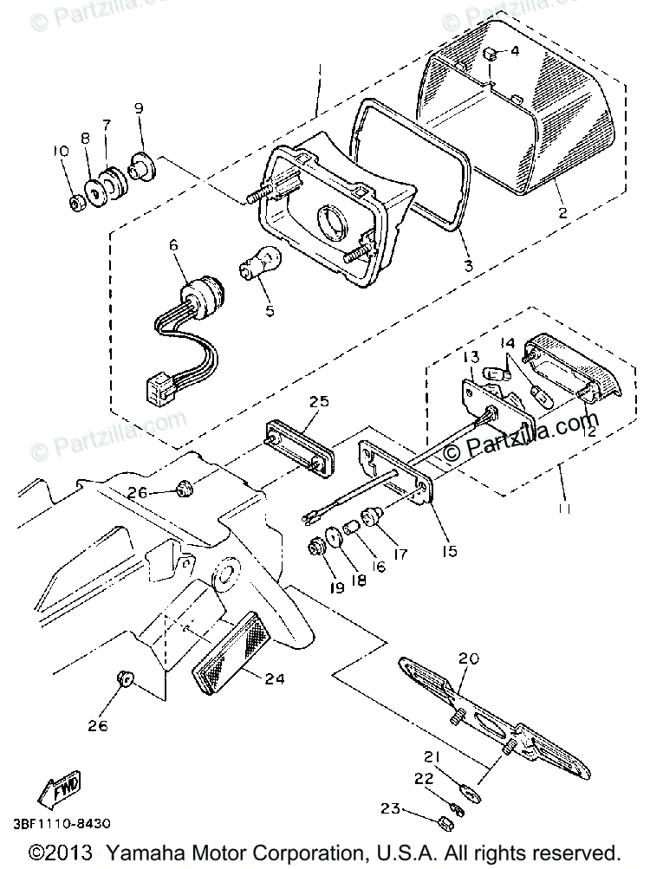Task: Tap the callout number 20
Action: (469, 659)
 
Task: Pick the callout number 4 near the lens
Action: (514, 51)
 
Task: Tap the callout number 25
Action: (319, 401)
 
